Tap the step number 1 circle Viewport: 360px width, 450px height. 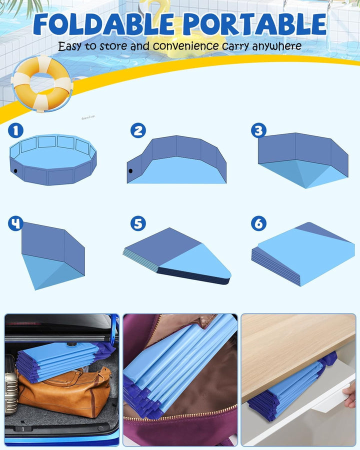(15, 131)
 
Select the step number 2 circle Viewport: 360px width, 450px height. (138, 131)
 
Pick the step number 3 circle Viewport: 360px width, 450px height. (258, 131)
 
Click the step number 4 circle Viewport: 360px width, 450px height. (15, 223)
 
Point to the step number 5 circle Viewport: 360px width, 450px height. (138, 223)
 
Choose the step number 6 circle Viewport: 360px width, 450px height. (258, 223)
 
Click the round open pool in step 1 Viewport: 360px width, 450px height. (53, 160)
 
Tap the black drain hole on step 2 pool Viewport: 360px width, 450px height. (131, 171)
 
